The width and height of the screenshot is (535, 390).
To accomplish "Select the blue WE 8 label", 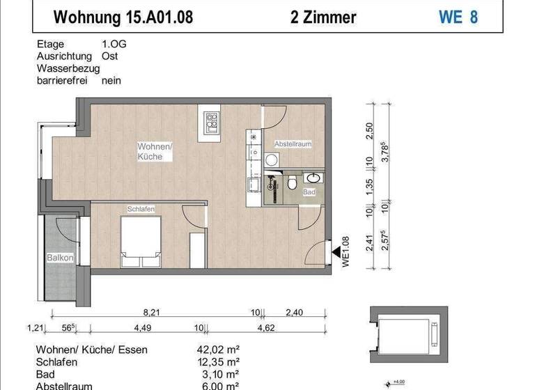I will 458,17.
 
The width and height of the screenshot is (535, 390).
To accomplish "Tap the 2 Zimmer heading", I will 323,17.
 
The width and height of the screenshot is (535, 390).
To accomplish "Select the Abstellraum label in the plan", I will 293,143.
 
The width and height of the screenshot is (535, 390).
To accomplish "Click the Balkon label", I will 60,258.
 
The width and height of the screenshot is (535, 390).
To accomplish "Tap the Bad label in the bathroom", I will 309,192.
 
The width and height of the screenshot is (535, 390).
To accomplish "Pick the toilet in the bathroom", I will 293,183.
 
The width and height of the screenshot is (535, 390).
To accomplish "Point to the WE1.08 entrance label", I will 343,251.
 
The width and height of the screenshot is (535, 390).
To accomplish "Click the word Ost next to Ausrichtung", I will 109,56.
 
